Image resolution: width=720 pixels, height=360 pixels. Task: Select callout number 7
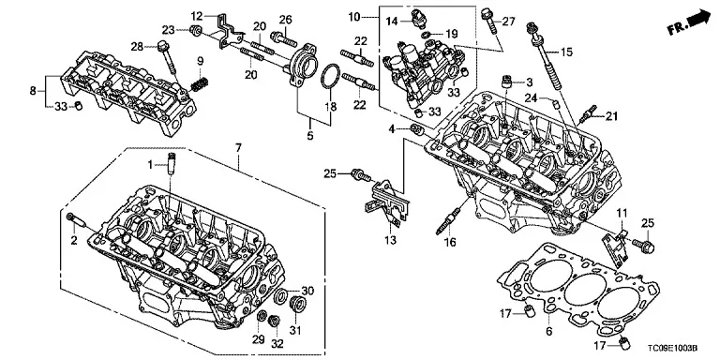[x=238, y=148]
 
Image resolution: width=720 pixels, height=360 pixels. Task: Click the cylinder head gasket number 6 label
[x=549, y=331]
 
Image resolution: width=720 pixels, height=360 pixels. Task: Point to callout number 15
[x=566, y=52]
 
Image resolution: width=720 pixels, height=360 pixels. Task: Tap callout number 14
[x=393, y=22]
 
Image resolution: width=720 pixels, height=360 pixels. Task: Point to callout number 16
[x=450, y=242]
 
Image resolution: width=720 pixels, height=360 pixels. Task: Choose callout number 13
[x=392, y=240]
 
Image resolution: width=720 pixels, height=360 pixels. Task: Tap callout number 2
[x=74, y=240]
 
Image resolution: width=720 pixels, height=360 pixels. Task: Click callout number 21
[x=611, y=115]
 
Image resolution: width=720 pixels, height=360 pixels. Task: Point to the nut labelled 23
[x=196, y=31]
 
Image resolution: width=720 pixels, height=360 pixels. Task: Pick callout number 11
[x=622, y=213]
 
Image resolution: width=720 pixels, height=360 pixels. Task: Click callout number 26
[x=286, y=20]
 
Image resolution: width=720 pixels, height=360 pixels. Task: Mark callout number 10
[x=354, y=18]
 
